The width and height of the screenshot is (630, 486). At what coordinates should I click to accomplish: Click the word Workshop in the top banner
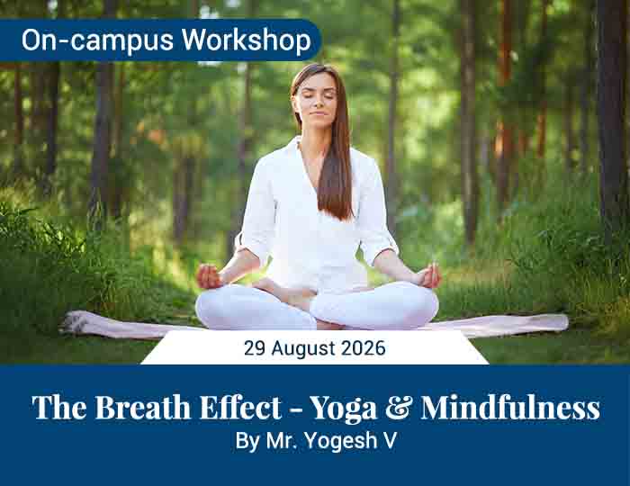coord(247,40)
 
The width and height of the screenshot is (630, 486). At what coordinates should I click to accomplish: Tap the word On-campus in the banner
coord(97,40)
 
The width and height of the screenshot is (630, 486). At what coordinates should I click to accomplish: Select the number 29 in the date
coord(255,347)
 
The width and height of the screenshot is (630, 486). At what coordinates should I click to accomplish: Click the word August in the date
coord(303,348)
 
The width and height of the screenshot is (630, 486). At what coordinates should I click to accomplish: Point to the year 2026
coord(364,347)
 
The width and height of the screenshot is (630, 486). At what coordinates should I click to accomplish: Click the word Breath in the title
coord(142,408)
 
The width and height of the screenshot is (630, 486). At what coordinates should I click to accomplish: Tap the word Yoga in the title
coord(344,409)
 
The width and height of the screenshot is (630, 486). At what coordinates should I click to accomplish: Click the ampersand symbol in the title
coord(399,408)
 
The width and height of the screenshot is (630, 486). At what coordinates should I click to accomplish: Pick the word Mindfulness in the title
coord(510,408)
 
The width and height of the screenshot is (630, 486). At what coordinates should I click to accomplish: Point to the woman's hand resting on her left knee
coord(428,276)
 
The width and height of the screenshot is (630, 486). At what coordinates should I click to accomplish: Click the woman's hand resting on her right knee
coord(209,276)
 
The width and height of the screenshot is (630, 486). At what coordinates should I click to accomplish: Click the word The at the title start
coord(59,408)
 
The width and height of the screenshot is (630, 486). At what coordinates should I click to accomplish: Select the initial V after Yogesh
coord(391,440)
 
